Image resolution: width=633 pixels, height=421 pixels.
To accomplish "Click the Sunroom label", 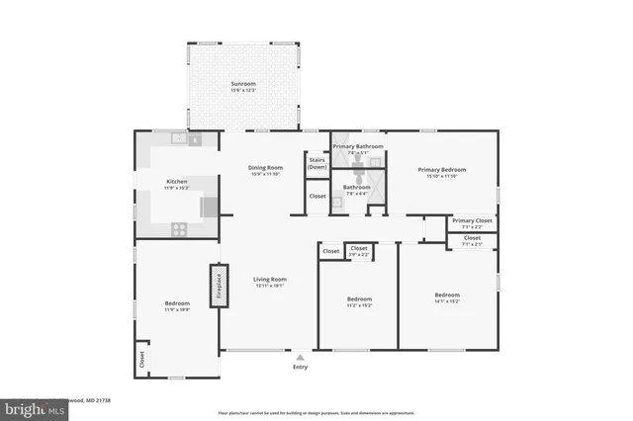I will pyautogui.click(x=243, y=84).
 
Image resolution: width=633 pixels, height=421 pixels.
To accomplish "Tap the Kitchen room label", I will pyautogui.click(x=176, y=182).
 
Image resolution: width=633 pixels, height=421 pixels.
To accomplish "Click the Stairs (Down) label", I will pyautogui.click(x=317, y=163).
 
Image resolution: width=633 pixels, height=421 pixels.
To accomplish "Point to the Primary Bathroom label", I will pyautogui.click(x=357, y=146).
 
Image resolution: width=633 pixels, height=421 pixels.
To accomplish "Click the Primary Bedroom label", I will pyautogui.click(x=441, y=169).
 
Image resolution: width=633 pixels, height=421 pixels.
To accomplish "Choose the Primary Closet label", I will pyautogui.click(x=472, y=220).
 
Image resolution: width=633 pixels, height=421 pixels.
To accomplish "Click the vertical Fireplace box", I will pyautogui.click(x=218, y=285).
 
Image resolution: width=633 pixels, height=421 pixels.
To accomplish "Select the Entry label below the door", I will pyautogui.click(x=301, y=367).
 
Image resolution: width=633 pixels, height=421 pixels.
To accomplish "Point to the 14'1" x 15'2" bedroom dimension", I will pyautogui.click(x=447, y=303).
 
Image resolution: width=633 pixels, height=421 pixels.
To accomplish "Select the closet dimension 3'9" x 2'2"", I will pyautogui.click(x=359, y=255).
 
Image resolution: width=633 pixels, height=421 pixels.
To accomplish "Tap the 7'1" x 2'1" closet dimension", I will pyautogui.click(x=472, y=245).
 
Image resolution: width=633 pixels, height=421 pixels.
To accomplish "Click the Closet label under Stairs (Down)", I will pyautogui.click(x=317, y=196).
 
